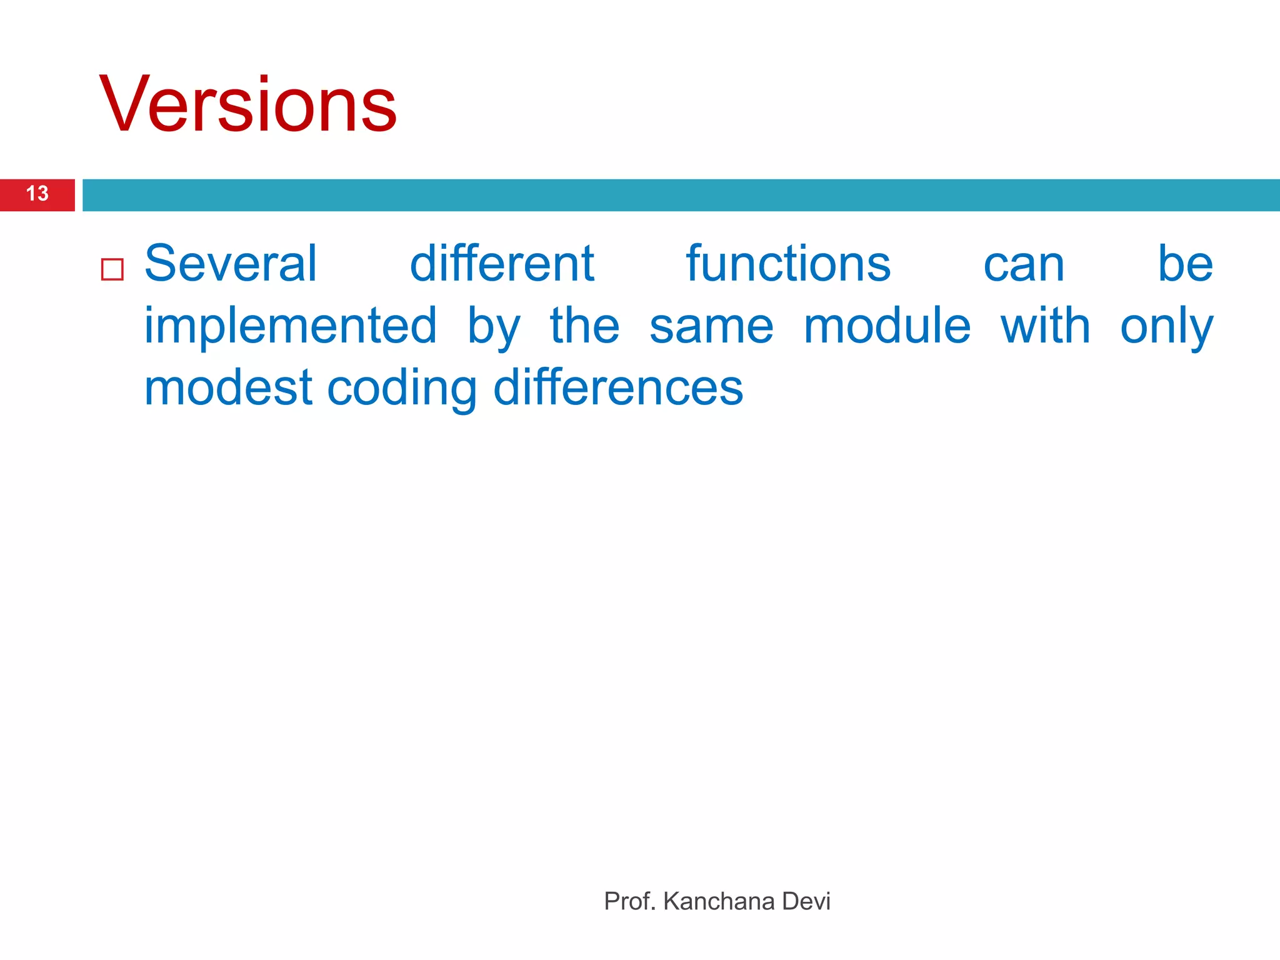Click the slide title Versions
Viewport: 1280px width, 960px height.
[x=247, y=104]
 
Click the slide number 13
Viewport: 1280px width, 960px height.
[x=37, y=194]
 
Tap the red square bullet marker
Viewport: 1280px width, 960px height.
[x=112, y=269]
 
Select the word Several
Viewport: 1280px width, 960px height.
[x=231, y=264]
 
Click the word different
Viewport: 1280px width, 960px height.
[x=501, y=264]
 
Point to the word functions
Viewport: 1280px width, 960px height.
[x=788, y=264]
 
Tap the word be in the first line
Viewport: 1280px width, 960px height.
[x=1185, y=264]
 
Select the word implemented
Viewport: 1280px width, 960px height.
[x=291, y=326]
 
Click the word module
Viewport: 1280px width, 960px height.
[x=887, y=326]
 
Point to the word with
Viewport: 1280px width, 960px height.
[x=1046, y=326]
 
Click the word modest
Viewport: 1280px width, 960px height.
[x=228, y=388]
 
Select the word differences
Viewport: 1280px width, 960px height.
[x=618, y=388]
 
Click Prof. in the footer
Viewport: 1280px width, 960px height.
[x=629, y=901]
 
